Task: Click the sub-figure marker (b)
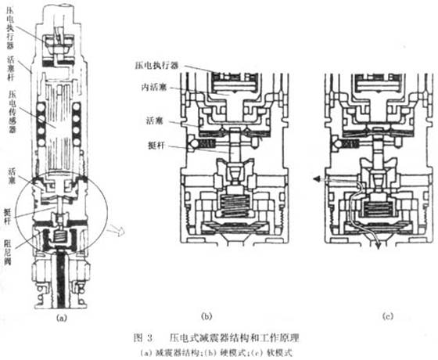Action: coord(206,316)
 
